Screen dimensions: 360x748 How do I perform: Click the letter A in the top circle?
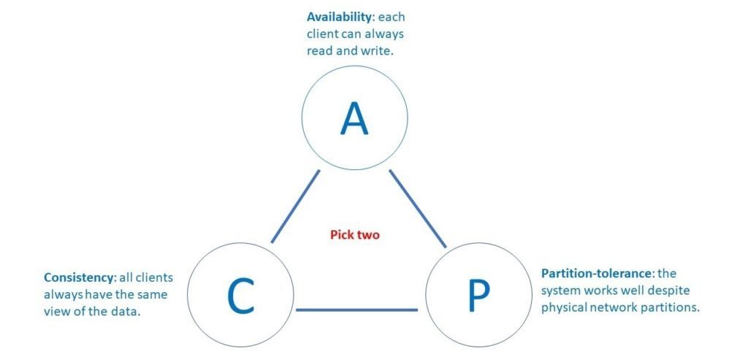(x=355, y=119)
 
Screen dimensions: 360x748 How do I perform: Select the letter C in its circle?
(x=240, y=296)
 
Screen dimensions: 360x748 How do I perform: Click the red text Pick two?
(x=355, y=235)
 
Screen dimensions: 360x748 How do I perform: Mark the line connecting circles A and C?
(x=295, y=207)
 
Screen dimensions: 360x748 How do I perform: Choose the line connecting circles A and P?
(x=417, y=208)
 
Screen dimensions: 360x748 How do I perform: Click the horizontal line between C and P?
(x=356, y=310)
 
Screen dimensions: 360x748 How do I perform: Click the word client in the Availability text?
(x=322, y=34)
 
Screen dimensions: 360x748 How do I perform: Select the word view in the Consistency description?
(x=58, y=312)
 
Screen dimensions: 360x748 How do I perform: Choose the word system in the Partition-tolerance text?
(x=559, y=291)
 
